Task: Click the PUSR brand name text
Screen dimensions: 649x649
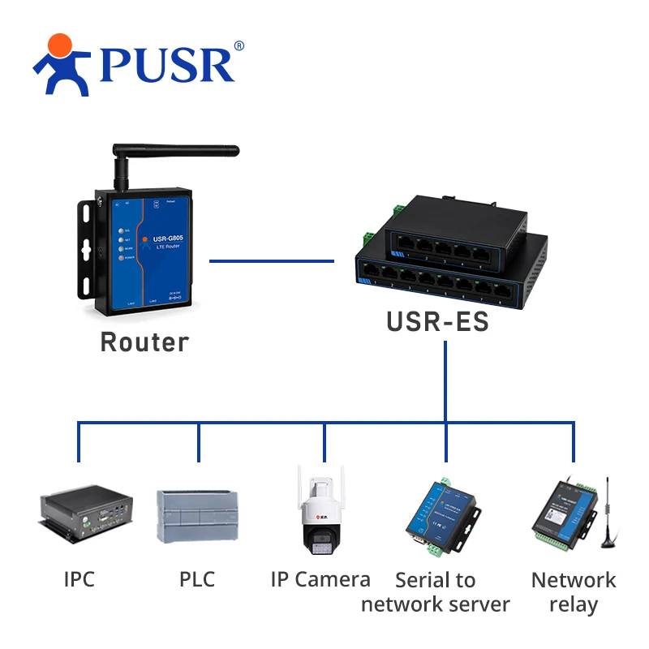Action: coord(166,65)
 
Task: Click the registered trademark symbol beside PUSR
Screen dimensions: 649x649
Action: coord(239,46)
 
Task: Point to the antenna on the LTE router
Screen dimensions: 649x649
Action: coord(174,152)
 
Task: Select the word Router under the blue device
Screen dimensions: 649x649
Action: coord(144,342)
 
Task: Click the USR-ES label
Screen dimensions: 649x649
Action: coord(437,321)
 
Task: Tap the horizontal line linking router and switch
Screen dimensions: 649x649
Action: coord(271,261)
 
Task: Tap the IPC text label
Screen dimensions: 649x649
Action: coord(80,579)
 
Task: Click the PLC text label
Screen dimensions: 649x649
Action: coord(197,579)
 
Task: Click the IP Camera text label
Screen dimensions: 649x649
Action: coord(320,579)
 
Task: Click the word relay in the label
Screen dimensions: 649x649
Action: coord(573,605)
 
